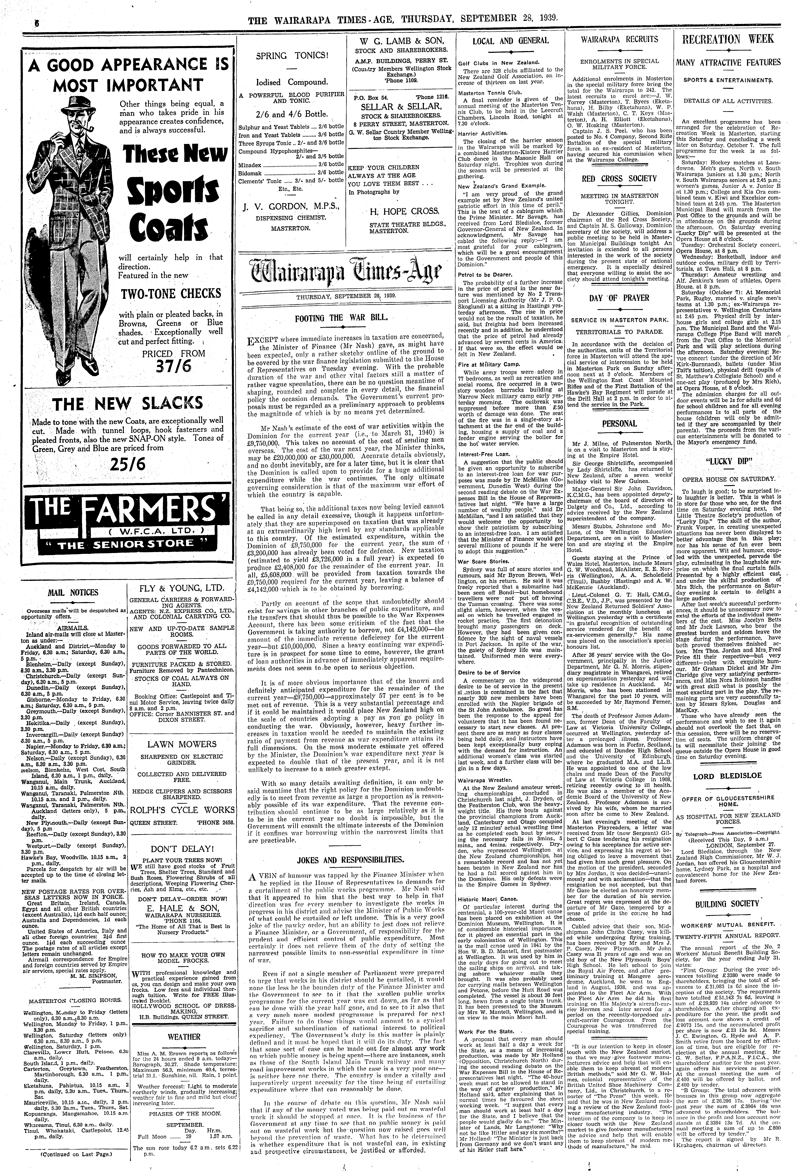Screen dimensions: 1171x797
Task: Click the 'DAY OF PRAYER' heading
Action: coord(619,298)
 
